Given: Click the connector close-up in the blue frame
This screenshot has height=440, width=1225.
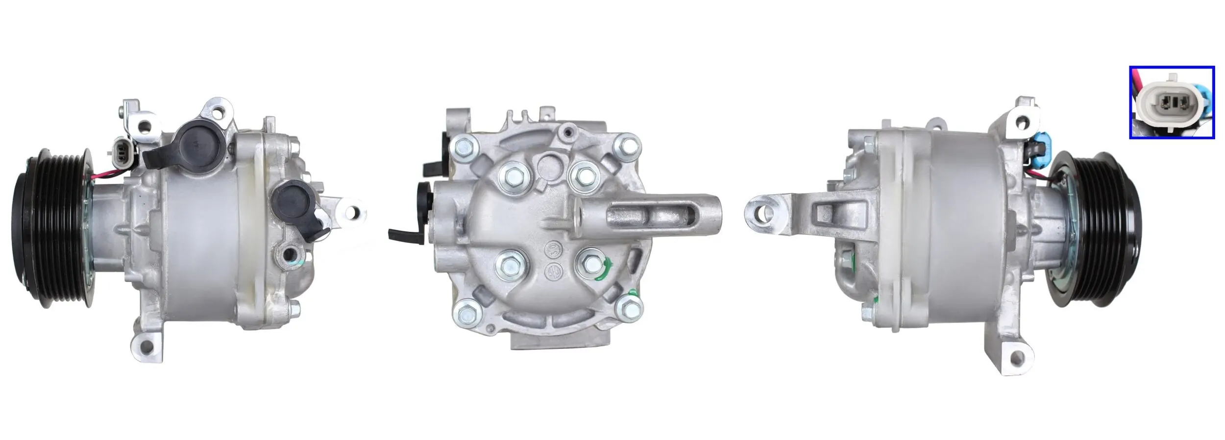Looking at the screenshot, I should (1172, 102).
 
